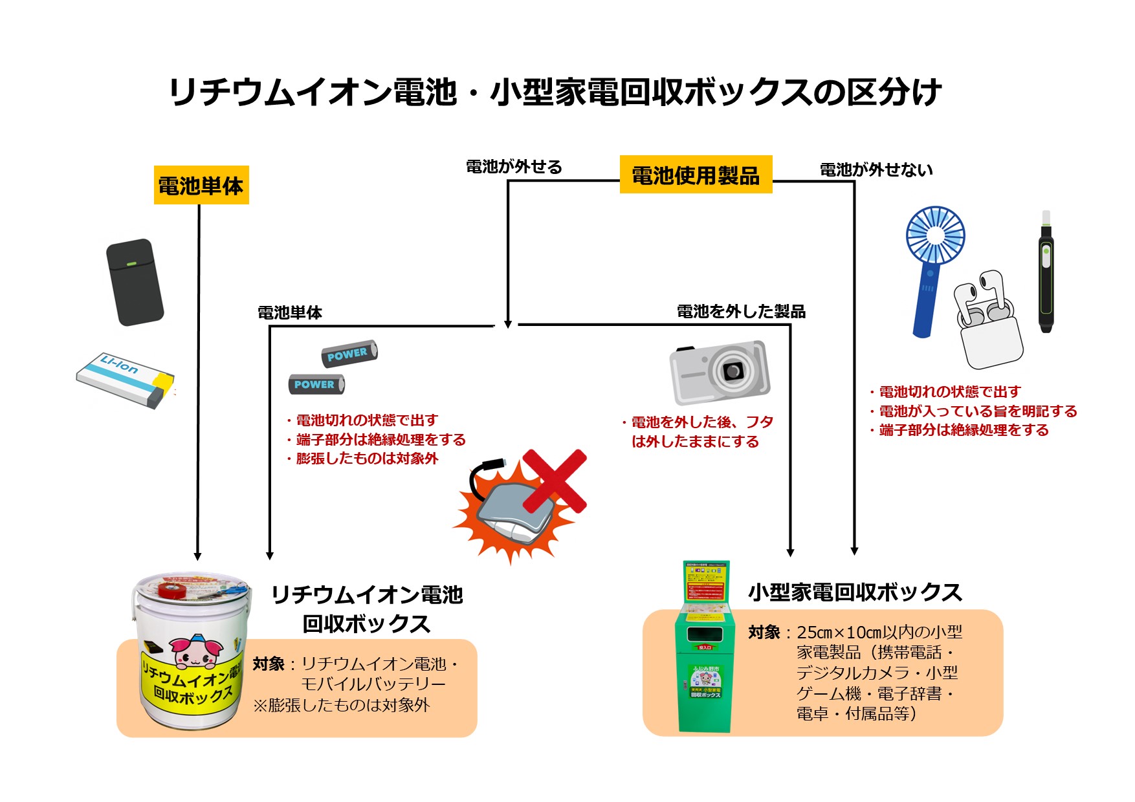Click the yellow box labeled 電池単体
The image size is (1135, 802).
pos(201,186)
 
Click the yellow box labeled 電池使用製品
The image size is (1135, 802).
pos(696,175)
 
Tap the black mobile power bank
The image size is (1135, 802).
pos(135,282)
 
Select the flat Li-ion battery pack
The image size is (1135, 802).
pos(125,380)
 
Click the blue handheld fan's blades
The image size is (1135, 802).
pos(935,235)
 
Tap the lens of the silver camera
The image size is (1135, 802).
pos(733,371)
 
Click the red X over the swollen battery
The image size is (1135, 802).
pos(555,480)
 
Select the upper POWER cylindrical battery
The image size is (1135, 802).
pos(349,354)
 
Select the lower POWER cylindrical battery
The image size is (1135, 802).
pos(316,384)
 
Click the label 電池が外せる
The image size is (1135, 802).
pos(514,167)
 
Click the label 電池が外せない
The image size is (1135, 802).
pos(876,170)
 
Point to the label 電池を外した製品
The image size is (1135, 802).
pos(741,312)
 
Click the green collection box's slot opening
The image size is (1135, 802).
pos(705,634)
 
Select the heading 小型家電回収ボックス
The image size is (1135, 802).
pos(855,592)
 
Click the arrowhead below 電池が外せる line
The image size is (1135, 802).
pos(508,323)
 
